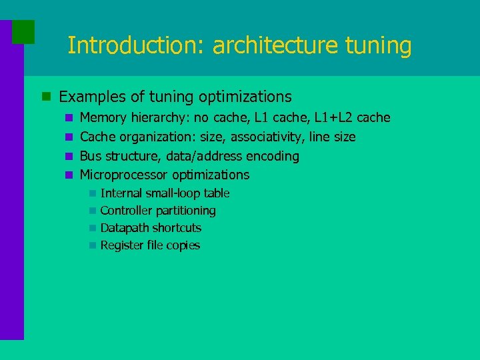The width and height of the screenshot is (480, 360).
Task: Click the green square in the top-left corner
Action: (x=23, y=31)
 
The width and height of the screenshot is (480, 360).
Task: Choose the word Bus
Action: (x=90, y=156)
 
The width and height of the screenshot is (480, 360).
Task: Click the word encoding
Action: (x=273, y=157)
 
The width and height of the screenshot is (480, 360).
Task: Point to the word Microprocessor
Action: (x=124, y=175)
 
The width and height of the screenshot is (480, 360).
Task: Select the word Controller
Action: (x=127, y=211)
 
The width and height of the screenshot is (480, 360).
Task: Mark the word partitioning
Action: (x=186, y=211)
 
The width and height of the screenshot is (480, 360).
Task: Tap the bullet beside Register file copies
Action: (x=91, y=245)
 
